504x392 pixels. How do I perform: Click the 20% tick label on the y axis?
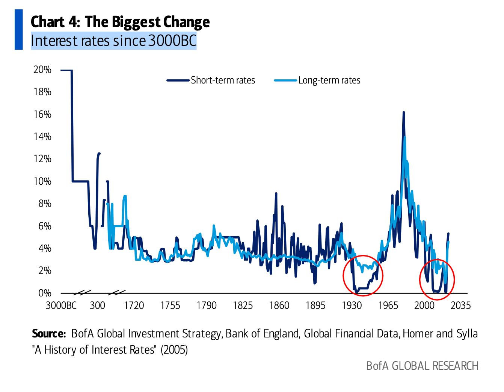[x=42, y=70]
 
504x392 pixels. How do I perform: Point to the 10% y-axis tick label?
[x=42, y=181]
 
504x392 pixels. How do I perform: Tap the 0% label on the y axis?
[x=44, y=293]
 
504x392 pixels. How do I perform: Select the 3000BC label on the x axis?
[x=61, y=305]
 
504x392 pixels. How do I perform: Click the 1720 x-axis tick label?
[x=134, y=305]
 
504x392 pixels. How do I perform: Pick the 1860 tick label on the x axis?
[x=279, y=305]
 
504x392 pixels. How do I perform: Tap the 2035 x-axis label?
[x=460, y=305]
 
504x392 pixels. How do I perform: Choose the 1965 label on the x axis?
[x=388, y=305]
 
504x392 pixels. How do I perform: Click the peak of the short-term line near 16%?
[x=403, y=112]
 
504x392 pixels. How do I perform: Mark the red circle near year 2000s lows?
[x=437, y=279]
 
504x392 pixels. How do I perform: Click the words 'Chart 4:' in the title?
[x=55, y=22]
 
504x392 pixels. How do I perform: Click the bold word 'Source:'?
[x=49, y=334]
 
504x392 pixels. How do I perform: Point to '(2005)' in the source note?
[x=174, y=350]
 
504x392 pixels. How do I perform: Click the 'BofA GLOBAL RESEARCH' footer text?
[x=422, y=366]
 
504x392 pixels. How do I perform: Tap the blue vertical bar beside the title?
[x=19, y=30]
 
